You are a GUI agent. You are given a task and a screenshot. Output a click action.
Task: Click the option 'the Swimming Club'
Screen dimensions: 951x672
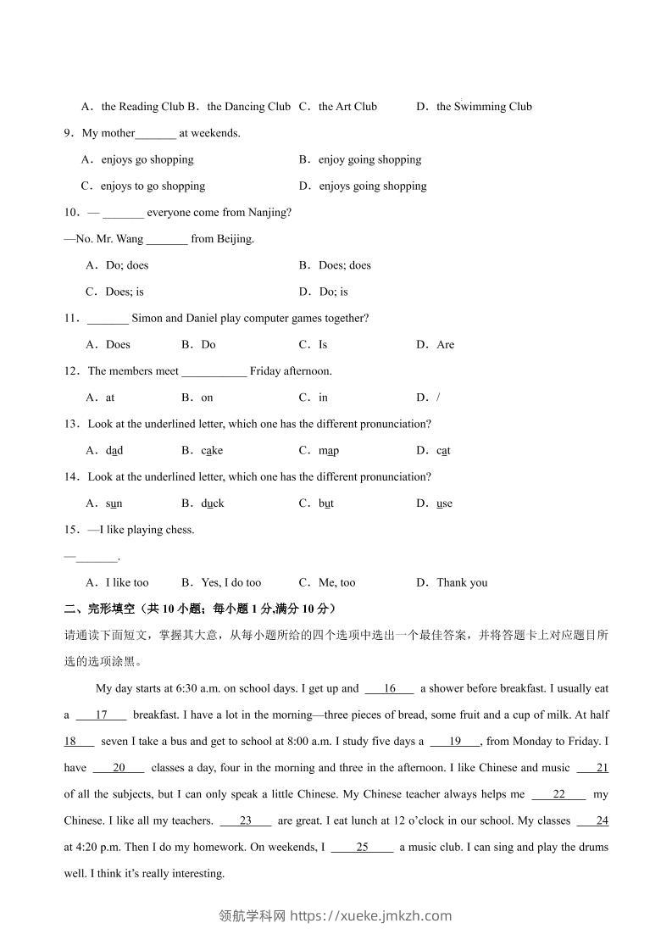484,107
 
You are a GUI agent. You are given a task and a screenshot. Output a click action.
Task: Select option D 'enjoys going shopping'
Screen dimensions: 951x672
372,186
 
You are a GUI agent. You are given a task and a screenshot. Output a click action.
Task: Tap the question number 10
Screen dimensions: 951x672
71,213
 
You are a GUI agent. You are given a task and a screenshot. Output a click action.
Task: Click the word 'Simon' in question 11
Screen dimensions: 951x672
147,319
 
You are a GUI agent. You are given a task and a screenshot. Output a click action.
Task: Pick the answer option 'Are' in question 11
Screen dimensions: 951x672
445,345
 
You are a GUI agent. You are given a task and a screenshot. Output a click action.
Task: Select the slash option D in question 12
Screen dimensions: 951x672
437,398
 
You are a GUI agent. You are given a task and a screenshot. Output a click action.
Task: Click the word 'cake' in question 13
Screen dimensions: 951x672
212,451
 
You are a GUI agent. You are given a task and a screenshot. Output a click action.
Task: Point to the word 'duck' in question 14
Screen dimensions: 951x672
213,503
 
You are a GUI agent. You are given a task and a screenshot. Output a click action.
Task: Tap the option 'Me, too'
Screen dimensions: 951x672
336,583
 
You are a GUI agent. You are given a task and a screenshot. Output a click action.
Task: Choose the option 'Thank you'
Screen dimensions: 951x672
462,583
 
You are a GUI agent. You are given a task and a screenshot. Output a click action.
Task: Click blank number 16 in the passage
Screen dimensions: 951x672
390,689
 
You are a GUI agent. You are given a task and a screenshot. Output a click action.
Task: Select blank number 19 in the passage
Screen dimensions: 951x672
455,742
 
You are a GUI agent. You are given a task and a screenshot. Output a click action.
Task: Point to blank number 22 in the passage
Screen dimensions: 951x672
558,794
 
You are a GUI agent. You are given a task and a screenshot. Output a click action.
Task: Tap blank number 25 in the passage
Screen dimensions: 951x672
362,847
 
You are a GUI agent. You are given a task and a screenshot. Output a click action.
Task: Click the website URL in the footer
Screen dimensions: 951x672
370,915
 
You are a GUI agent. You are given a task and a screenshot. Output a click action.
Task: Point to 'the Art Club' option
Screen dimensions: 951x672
347,107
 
